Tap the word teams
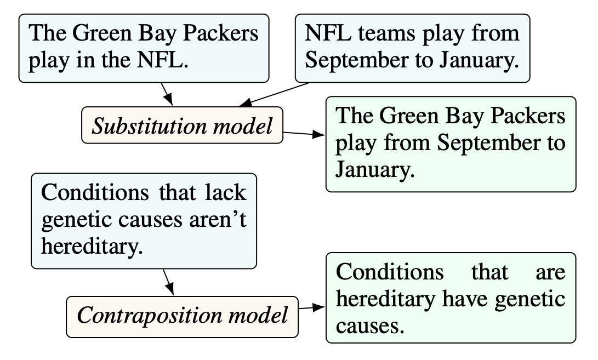[x=387, y=33]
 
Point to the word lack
[x=225, y=192]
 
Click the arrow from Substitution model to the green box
[x=304, y=134]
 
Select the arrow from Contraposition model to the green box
[x=312, y=307]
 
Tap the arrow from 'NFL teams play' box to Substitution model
[x=274, y=95]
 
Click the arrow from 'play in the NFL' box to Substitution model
[x=167, y=94]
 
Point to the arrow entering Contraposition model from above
[x=169, y=282]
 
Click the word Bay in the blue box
[x=157, y=33]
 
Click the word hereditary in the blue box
[x=92, y=247]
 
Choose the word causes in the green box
[x=369, y=327]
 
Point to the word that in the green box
[x=489, y=272]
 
